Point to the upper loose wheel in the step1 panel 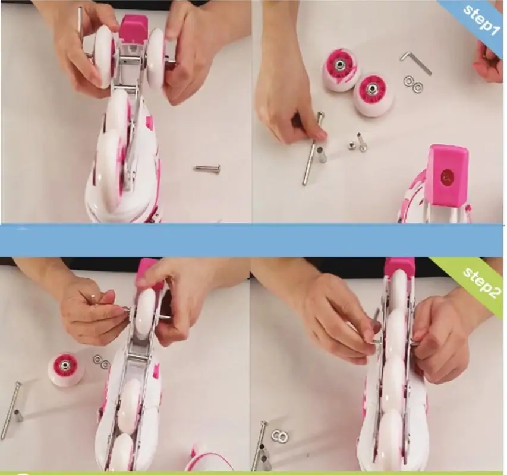pyautogui.click(x=341, y=69)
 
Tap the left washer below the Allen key pyautogui.click(x=408, y=81)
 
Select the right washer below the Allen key pyautogui.click(x=418, y=87)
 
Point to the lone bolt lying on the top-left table pyautogui.click(x=207, y=168)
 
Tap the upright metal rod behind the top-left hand pyautogui.click(x=80, y=25)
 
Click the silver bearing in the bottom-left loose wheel pyautogui.click(x=66, y=365)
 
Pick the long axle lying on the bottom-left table pyautogui.click(x=10, y=410)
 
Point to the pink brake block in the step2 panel pyautogui.click(x=399, y=267)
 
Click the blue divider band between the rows pyautogui.click(x=252, y=240)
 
